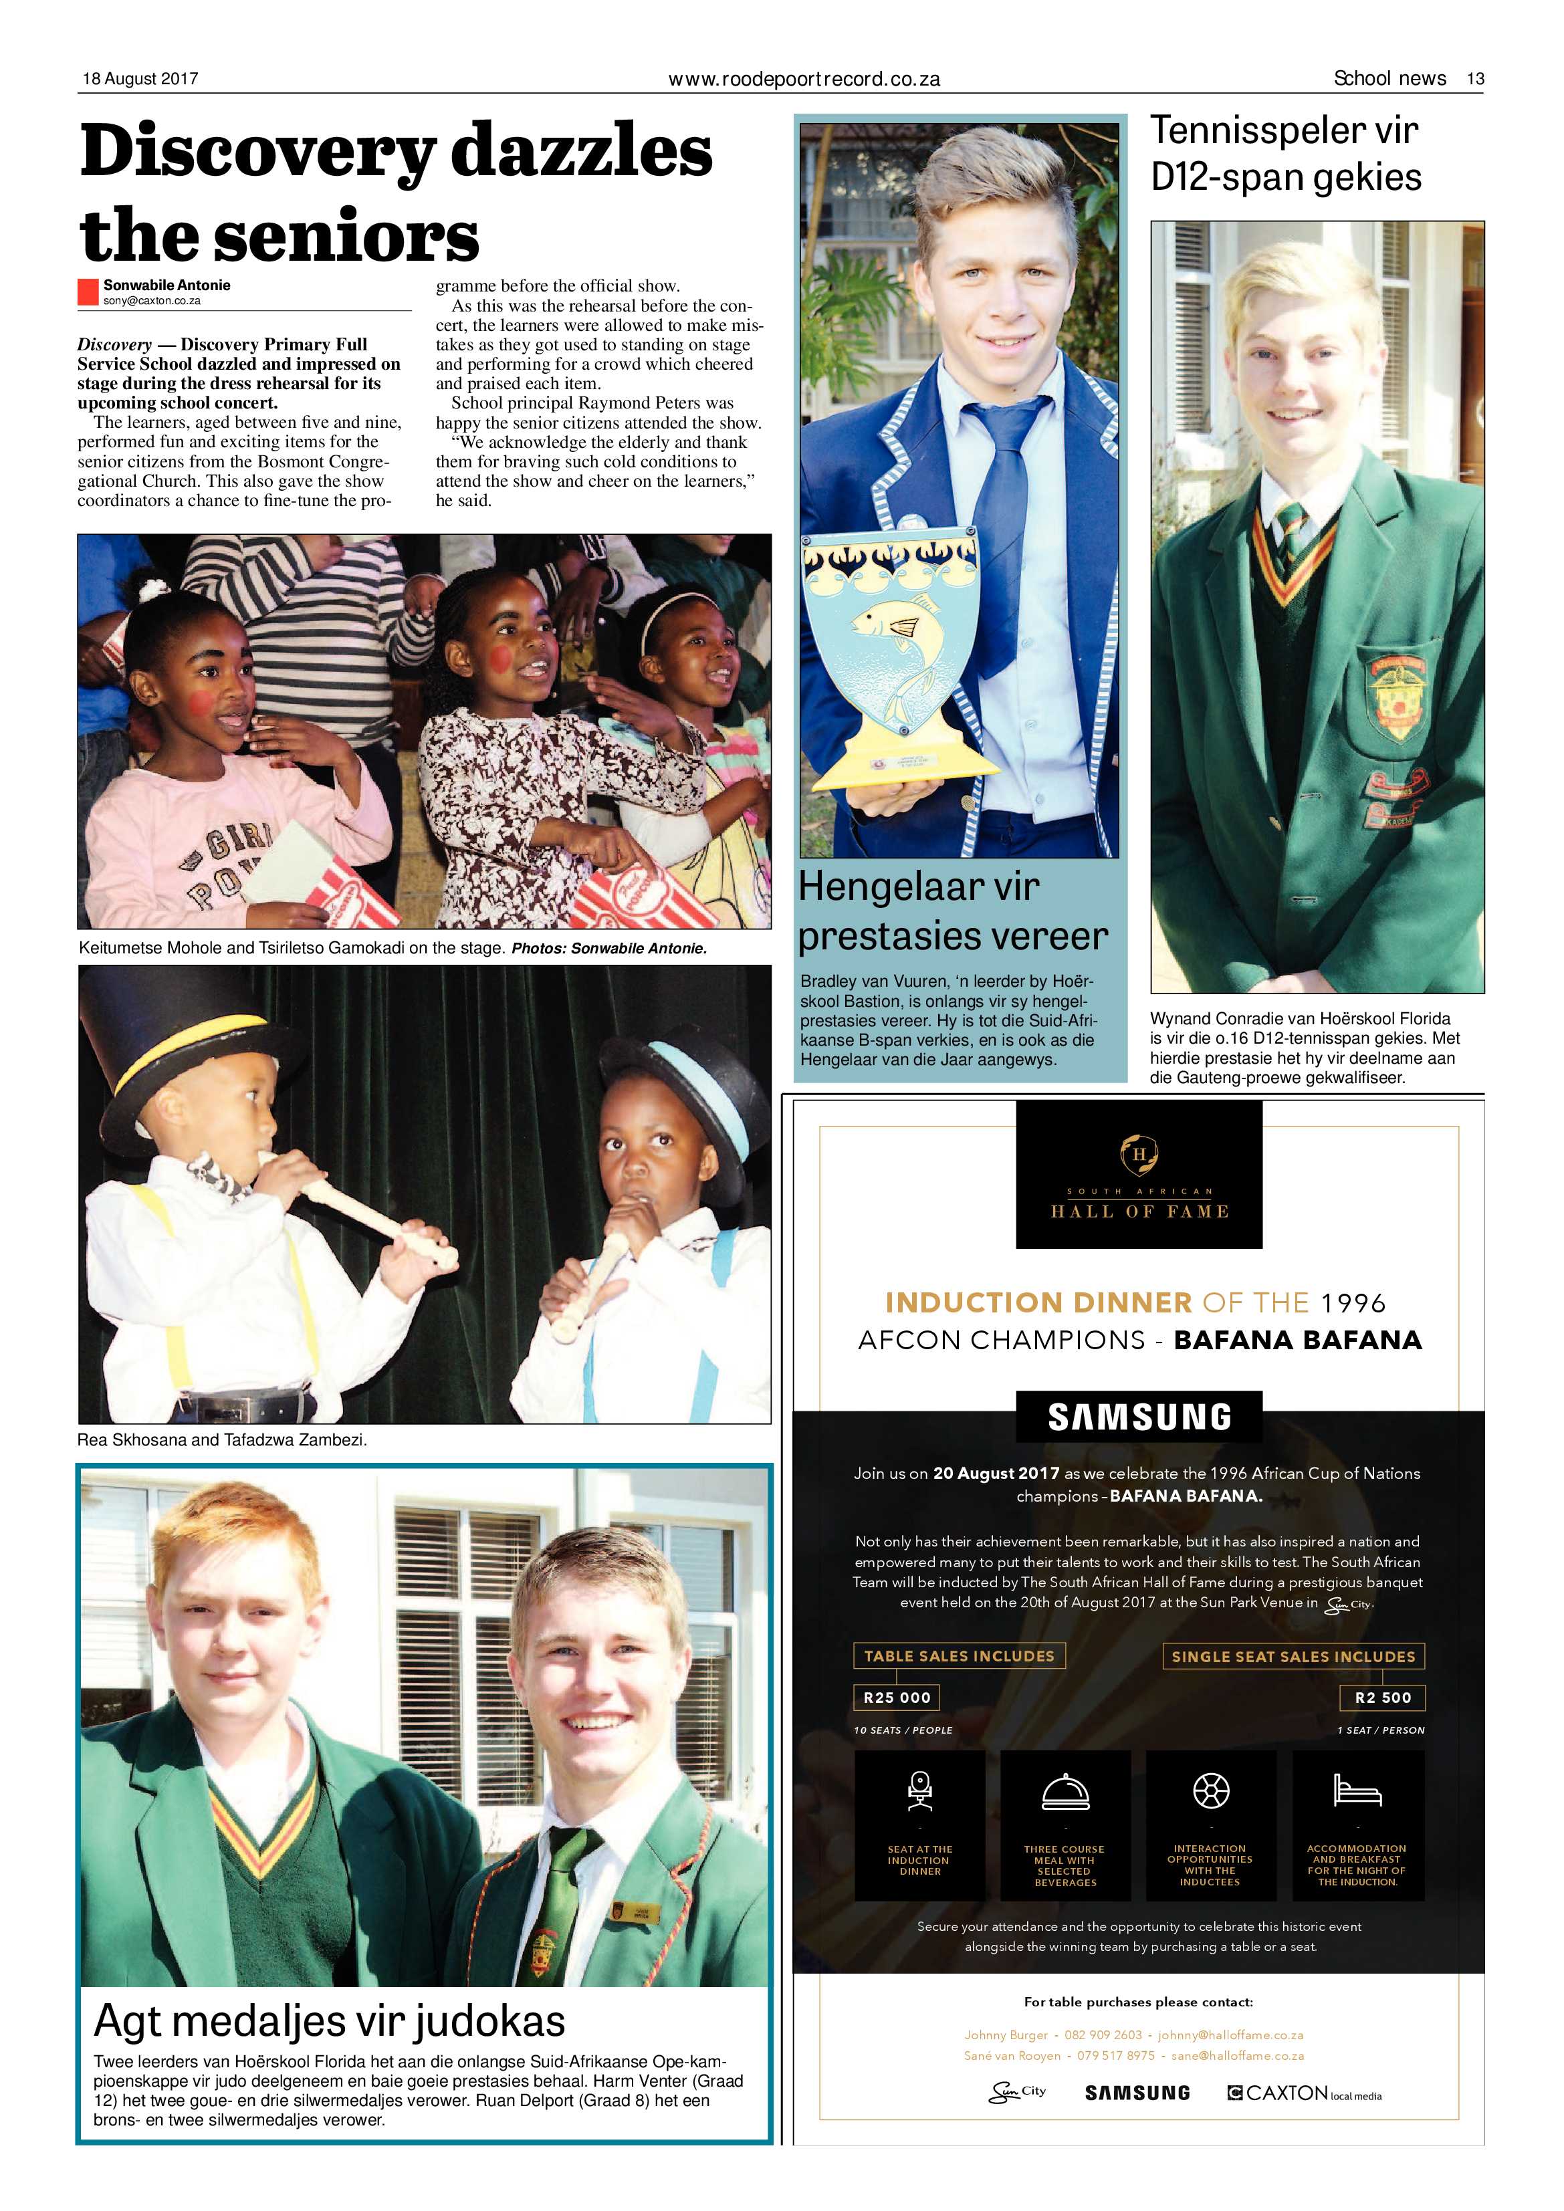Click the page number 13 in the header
tap(1474, 79)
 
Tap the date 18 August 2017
tap(140, 79)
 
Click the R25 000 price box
tap(897, 1698)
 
